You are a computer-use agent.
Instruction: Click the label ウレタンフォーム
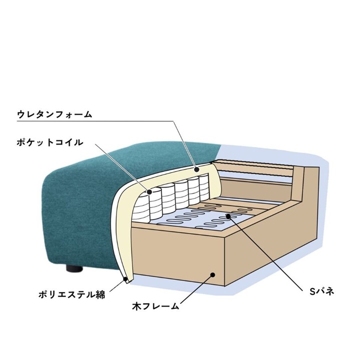(54, 114)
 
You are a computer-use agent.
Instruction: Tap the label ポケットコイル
(50, 142)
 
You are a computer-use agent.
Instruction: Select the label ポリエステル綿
(71, 294)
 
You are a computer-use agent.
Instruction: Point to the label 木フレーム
(155, 306)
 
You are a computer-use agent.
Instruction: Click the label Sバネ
(321, 292)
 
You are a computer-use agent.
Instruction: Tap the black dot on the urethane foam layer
(196, 169)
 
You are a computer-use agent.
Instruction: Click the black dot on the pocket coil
(149, 191)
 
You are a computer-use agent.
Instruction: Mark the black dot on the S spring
(228, 215)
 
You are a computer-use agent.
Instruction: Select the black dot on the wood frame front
(213, 274)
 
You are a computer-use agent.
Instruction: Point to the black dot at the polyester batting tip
(125, 279)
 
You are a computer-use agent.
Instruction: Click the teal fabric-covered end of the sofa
(80, 206)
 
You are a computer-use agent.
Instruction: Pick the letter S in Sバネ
(312, 292)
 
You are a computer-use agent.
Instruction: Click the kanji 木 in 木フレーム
(137, 306)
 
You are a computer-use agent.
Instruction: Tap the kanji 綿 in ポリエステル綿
(100, 294)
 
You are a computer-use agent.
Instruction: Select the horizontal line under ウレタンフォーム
(95, 121)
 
